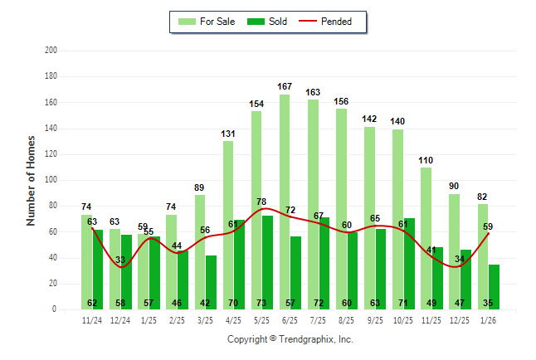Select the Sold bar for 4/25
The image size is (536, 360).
coord(240,265)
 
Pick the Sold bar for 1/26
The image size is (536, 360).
coord(495,287)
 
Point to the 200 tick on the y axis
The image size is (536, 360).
coord(51,51)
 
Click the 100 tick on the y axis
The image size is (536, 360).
coord(51,180)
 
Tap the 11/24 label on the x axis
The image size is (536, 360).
coord(92,320)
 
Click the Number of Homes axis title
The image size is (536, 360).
coord(31,180)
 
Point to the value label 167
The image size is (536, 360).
coord(285,87)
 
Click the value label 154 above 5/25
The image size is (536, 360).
coord(256,104)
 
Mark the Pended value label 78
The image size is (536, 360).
coord(261,202)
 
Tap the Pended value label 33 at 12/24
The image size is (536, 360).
coord(121,260)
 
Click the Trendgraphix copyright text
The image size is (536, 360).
coord(290,339)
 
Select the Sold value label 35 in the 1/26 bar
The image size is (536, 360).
coord(489,304)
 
